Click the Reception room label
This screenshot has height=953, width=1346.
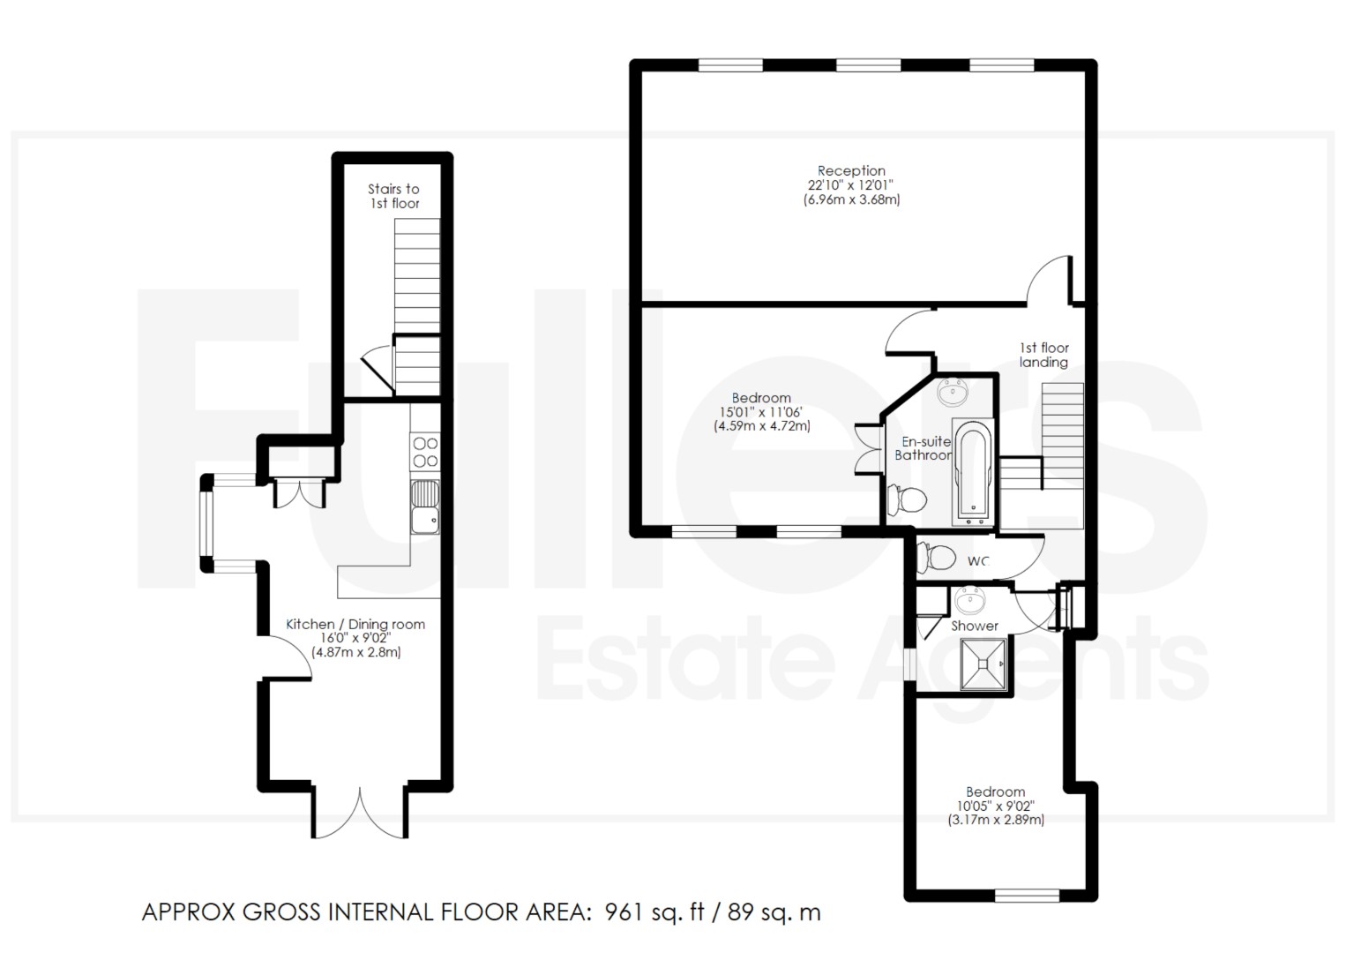(851, 171)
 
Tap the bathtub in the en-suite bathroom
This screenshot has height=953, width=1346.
(973, 473)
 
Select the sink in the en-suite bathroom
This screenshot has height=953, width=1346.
(952, 392)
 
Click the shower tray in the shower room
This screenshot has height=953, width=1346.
(983, 664)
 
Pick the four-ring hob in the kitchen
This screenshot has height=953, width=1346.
(425, 452)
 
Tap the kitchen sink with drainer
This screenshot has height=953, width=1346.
(425, 507)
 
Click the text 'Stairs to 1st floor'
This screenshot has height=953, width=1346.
(394, 196)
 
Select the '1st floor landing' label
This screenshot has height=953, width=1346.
(1044, 355)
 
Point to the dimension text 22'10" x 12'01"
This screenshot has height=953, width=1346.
(851, 185)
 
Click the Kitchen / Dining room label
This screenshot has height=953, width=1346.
(355, 624)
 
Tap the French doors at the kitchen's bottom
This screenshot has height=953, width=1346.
(360, 813)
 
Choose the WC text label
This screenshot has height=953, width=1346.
(978, 561)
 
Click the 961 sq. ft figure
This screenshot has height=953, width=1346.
(654, 912)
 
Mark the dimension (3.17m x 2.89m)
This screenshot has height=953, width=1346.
(996, 820)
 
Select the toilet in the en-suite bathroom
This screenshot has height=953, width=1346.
(907, 499)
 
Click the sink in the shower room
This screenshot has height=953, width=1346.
(970, 599)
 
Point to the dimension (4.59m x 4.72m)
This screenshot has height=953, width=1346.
(762, 426)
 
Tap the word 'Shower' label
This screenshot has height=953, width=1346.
(975, 626)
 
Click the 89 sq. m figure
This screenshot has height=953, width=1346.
(774, 912)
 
